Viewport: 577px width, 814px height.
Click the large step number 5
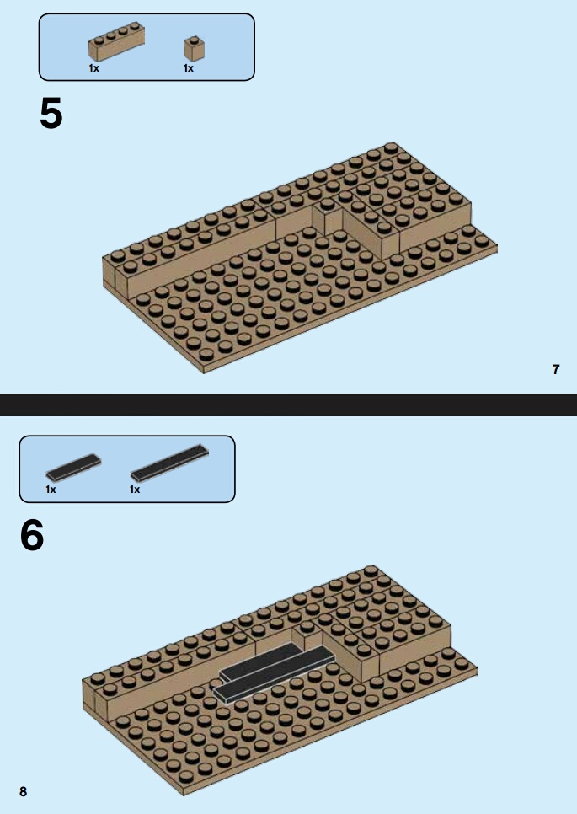coord(51,113)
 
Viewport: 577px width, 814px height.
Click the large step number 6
coord(32,535)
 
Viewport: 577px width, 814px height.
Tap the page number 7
coord(556,369)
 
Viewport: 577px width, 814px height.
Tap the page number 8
coord(23,791)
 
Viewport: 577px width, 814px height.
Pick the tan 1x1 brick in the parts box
coord(194,48)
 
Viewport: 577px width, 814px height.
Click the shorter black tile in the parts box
coord(73,468)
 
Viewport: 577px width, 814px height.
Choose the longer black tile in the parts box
coord(169,463)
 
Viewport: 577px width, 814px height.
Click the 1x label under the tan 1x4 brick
coord(93,68)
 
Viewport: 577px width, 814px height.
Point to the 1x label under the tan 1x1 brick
coord(189,68)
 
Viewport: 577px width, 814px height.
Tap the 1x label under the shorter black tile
coord(51,489)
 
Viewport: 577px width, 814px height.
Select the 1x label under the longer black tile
coord(135,489)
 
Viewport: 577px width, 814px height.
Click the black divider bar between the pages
coord(288,405)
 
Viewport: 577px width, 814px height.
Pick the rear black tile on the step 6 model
coord(260,661)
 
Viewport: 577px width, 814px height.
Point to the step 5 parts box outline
coord(147,14)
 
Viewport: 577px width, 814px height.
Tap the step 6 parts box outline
coord(127,436)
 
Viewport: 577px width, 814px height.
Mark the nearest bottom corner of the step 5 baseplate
coord(203,372)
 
